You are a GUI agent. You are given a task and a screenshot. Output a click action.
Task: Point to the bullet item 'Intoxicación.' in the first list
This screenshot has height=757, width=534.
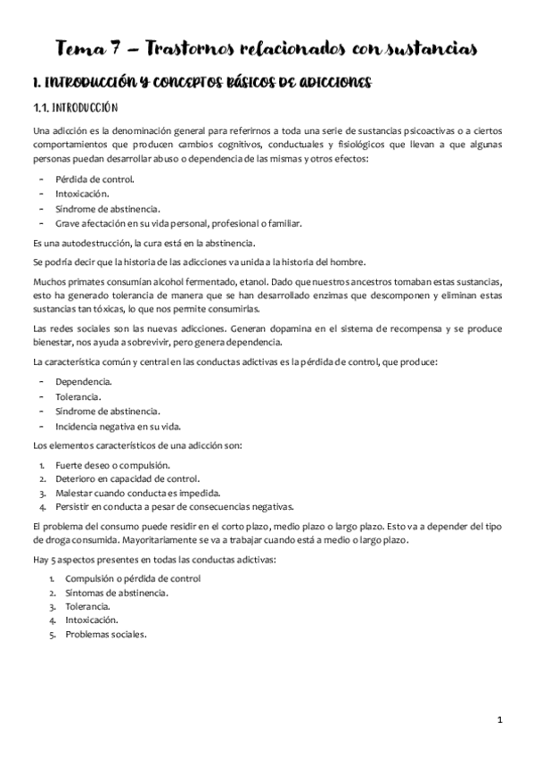[x=81, y=194]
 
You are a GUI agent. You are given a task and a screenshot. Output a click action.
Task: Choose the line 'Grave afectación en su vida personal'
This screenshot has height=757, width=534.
[x=178, y=223]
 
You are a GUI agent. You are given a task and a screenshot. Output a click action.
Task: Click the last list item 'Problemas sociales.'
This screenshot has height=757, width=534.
[x=105, y=635]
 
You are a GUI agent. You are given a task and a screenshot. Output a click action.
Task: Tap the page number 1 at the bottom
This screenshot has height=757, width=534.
[x=500, y=719]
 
